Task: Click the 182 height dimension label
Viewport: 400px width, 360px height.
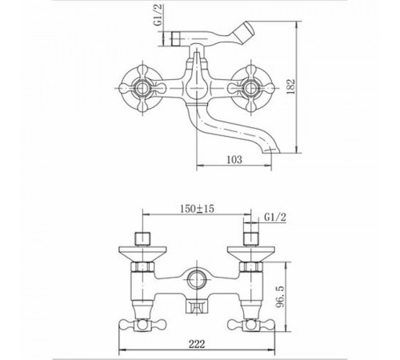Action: click(x=290, y=86)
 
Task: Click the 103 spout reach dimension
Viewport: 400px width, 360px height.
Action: click(x=234, y=159)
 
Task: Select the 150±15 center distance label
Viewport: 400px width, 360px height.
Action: click(x=198, y=209)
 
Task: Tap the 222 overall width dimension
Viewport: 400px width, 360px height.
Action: click(x=197, y=344)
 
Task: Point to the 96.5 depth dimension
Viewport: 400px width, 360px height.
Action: click(x=280, y=296)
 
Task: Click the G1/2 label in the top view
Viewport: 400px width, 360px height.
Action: click(x=158, y=15)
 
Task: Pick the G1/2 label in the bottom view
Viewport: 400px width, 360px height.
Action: click(x=275, y=218)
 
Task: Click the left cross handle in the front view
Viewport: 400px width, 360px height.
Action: click(x=142, y=88)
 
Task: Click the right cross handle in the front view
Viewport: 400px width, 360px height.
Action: click(x=250, y=88)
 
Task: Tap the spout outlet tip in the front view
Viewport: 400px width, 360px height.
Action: click(x=271, y=150)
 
